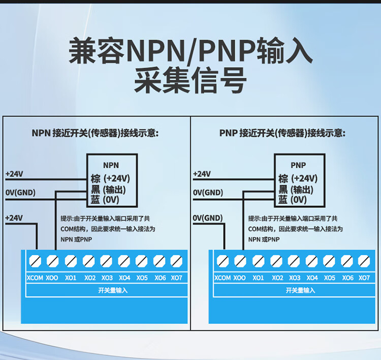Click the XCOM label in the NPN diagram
(x=35, y=278)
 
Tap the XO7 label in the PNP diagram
(x=364, y=278)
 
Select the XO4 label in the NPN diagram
(x=124, y=278)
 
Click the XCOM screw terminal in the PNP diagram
(x=223, y=261)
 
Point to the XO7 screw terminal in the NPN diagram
(x=176, y=261)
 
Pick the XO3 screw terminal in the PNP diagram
(x=294, y=261)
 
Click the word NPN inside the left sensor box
(x=111, y=165)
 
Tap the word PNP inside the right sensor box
(x=298, y=165)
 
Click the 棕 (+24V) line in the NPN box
(x=110, y=178)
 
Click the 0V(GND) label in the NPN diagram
(x=20, y=193)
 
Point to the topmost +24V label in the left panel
(x=14, y=174)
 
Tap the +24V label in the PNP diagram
(x=202, y=174)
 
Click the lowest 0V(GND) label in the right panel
(x=208, y=218)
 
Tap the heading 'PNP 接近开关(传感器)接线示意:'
(x=282, y=133)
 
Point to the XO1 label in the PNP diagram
(x=258, y=278)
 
